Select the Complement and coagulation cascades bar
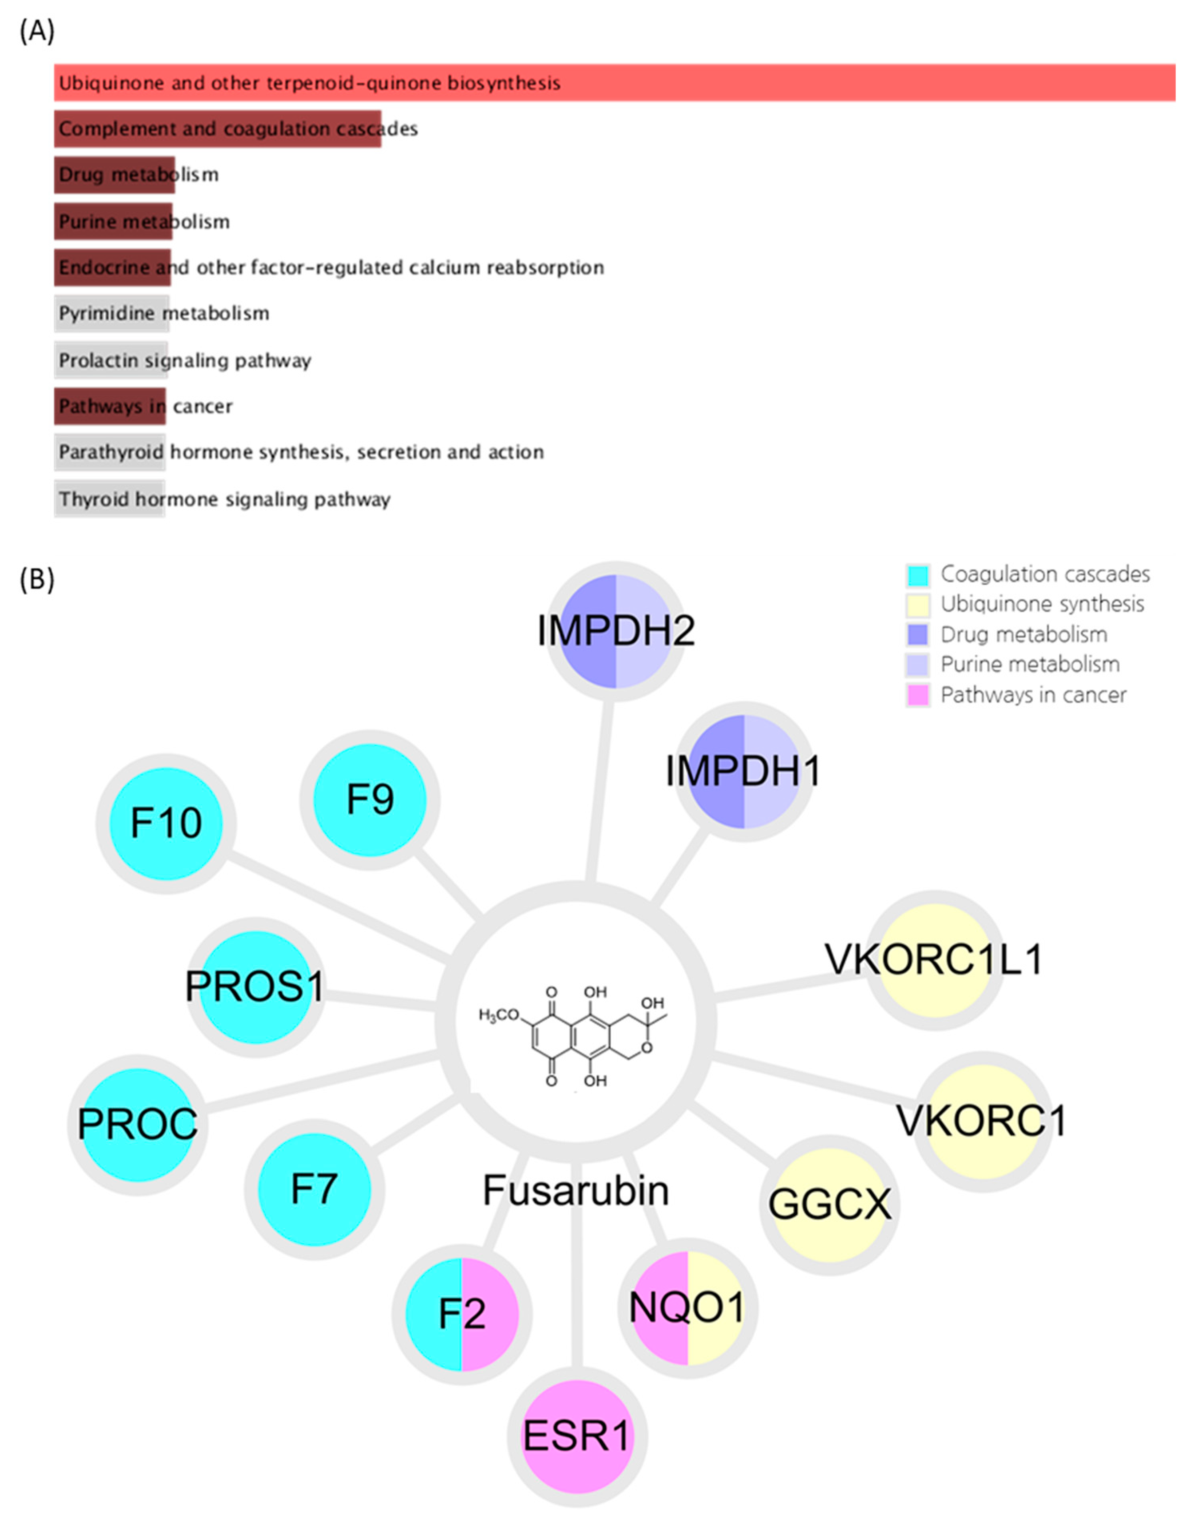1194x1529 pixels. [x=217, y=129]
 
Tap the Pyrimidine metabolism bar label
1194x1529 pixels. [x=164, y=313]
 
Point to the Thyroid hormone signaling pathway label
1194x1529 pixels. [x=224, y=499]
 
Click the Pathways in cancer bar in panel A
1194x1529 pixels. [x=110, y=406]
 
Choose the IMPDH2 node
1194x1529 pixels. [x=615, y=631]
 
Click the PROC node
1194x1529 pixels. [x=137, y=1124]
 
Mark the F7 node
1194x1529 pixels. [x=314, y=1189]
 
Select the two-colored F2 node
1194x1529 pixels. [x=462, y=1313]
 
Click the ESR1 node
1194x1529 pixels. [x=577, y=1436]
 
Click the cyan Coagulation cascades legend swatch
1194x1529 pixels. [x=917, y=575]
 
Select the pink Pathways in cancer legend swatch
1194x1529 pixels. [x=917, y=695]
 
